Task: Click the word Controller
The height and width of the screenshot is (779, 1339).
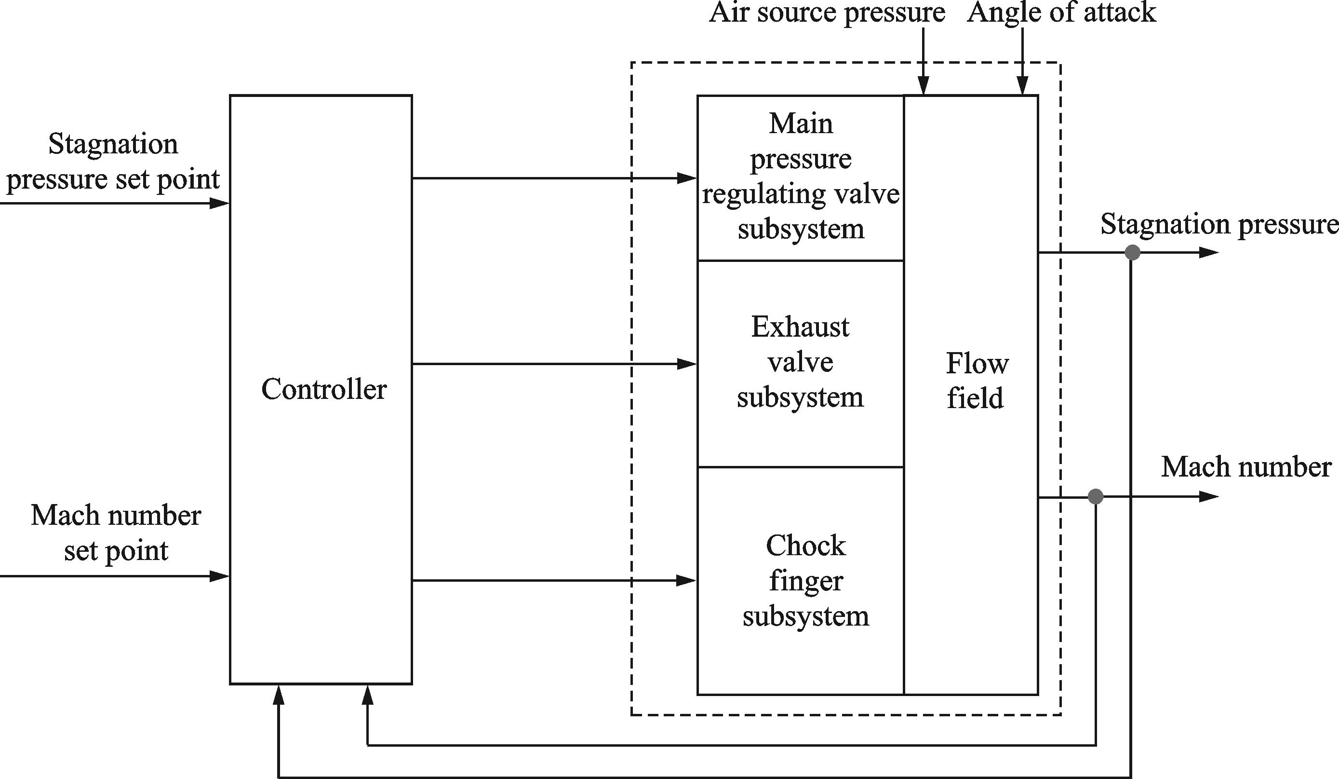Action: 323,389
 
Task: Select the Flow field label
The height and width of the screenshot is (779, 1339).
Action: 976,381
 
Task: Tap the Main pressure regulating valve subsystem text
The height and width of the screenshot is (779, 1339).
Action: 801,177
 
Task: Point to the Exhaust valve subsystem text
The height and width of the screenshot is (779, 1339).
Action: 800,362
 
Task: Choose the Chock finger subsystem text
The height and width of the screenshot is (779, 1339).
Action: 805,581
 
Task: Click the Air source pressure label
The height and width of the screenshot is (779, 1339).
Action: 827,13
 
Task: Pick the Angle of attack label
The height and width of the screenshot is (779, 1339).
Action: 1061,13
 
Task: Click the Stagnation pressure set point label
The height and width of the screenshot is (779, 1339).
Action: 113,162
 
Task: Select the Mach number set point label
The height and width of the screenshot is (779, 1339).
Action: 116,533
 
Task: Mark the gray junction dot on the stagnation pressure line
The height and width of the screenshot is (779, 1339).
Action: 1132,253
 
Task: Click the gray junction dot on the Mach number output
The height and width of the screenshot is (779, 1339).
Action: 1096,497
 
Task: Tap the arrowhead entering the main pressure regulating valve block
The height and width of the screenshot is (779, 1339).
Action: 687,178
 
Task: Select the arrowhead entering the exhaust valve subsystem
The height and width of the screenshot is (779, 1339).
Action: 687,364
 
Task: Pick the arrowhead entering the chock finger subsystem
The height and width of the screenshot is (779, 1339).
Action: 687,581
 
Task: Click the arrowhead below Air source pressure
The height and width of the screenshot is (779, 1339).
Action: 924,85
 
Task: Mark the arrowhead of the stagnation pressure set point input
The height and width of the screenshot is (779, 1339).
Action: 219,203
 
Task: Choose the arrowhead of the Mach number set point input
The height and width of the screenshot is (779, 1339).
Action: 219,576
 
